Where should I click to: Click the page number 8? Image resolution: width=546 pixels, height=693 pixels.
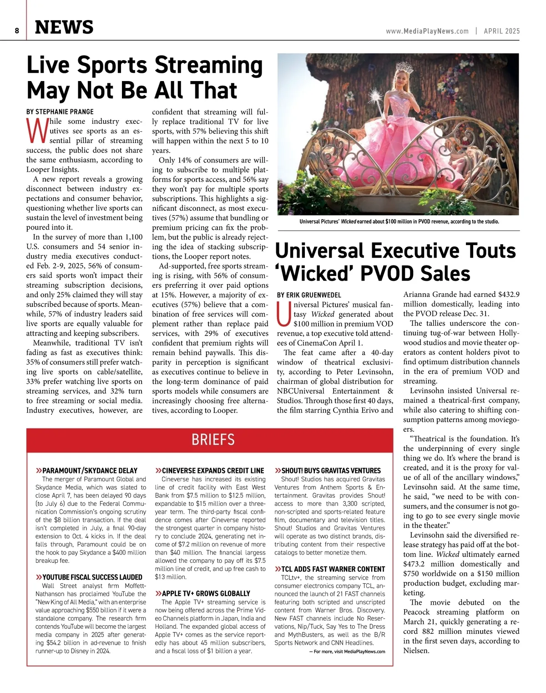[16, 31]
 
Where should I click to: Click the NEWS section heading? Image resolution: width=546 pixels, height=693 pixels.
[64, 27]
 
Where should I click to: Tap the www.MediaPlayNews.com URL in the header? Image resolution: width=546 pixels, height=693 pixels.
[427, 31]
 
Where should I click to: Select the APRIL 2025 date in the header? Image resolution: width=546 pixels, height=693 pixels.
[501, 31]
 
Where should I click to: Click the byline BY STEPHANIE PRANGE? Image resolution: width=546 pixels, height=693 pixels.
[60, 112]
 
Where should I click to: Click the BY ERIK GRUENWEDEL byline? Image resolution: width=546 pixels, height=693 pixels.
[309, 295]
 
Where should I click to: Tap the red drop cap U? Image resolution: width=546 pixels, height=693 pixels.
[283, 314]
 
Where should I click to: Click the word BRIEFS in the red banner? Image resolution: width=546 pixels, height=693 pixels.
[213, 439]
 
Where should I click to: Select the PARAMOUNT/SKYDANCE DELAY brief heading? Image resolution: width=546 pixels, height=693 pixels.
[90, 470]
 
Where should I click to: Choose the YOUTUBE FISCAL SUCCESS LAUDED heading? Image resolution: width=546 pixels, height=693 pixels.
[92, 577]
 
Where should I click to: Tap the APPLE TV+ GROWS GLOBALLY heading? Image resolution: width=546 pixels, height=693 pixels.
[206, 593]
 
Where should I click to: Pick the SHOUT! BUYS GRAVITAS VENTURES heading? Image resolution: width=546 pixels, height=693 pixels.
[331, 470]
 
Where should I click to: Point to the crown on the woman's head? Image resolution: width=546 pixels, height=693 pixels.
[404, 69]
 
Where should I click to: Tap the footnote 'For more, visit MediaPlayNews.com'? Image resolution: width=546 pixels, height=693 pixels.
[347, 652]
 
